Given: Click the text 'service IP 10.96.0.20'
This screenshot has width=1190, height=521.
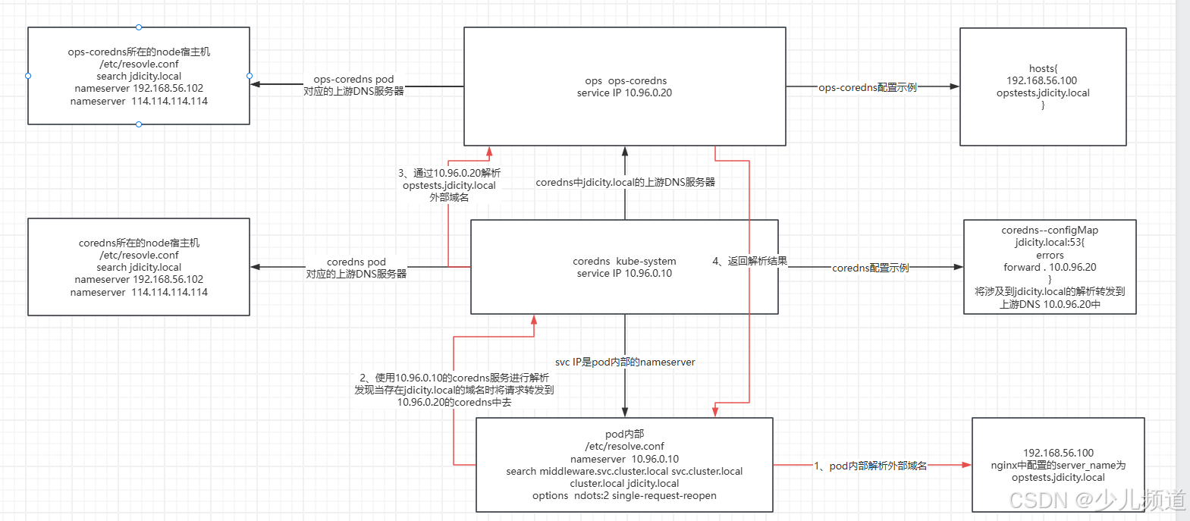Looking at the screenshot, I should click(624, 93).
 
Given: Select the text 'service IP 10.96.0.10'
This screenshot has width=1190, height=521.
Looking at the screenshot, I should click(624, 274).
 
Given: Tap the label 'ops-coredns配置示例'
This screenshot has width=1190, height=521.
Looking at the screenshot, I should click(868, 87).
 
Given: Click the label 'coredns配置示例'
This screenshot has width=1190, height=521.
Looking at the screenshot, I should click(870, 268).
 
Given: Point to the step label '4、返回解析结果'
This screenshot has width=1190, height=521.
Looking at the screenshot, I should click(749, 261).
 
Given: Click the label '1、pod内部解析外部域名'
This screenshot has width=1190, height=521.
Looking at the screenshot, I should click(870, 466).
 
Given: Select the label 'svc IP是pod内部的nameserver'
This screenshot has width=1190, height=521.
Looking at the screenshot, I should click(625, 363).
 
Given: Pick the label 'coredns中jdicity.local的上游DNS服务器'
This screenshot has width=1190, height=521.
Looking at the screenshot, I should click(625, 182).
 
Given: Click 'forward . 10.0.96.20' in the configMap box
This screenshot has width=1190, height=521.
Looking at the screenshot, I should click(1050, 267).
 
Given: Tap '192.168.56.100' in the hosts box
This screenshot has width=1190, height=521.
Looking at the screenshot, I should click(1042, 80).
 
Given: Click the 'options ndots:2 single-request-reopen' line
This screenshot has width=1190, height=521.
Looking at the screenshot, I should click(624, 496).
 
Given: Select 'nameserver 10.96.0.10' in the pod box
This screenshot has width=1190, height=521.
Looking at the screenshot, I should click(624, 459).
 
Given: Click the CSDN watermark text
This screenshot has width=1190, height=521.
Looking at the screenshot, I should click(1097, 500).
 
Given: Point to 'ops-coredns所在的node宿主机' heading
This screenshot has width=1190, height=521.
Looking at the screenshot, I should click(139, 52).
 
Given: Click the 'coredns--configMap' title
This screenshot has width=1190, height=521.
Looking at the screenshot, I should click(1050, 230).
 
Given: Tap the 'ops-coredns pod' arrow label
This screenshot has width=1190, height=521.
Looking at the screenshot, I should click(353, 79).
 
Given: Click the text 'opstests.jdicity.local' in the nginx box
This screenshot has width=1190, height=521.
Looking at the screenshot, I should click(1058, 478).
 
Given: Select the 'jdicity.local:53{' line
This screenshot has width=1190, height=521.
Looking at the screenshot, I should click(1050, 243).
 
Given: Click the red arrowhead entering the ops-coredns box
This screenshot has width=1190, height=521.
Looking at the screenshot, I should click(489, 152).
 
